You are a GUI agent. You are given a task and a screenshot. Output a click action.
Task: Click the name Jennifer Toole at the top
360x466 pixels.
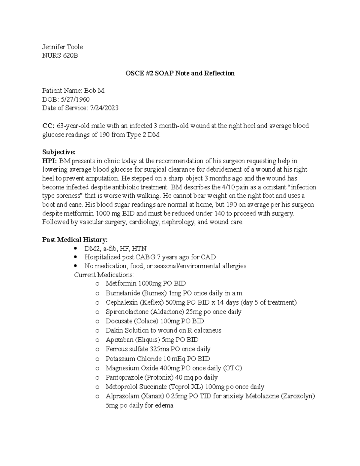click(x=62, y=47)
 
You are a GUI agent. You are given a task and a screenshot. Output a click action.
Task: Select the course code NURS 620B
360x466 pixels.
click(x=60, y=56)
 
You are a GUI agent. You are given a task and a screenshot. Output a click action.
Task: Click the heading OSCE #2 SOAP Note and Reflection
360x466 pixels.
click(x=180, y=73)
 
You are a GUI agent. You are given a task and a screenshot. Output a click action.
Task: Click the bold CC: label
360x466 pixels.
click(x=48, y=126)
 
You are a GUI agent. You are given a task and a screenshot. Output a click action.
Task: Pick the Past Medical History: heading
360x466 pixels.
click(x=75, y=239)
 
